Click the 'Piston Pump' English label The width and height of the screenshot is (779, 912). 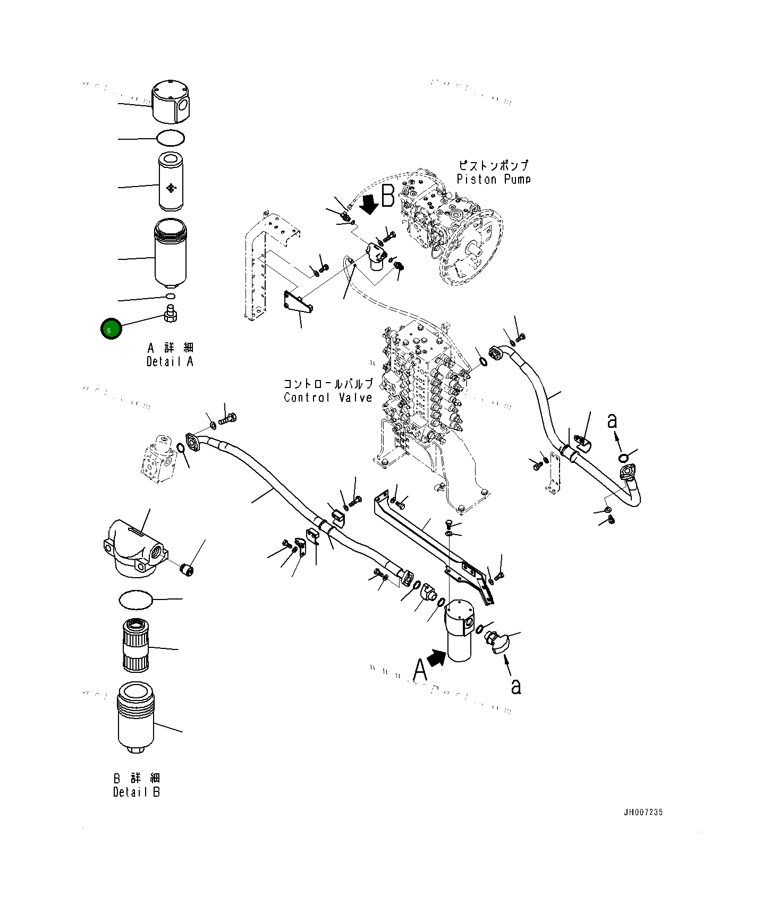[494, 180]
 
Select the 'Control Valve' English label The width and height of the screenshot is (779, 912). [328, 398]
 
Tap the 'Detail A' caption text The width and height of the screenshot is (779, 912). [170, 362]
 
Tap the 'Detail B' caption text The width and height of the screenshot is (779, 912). [137, 792]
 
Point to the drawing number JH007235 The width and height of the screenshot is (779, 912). [643, 812]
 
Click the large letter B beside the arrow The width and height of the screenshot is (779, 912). [388, 196]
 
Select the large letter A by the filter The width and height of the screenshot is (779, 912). [420, 669]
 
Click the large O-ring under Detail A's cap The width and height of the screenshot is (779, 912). [171, 138]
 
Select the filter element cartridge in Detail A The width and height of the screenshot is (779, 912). [171, 181]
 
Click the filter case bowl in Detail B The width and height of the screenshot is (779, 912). [136, 717]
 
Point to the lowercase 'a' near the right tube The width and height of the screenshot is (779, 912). [612, 421]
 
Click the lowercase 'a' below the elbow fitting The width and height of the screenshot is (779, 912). [515, 686]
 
